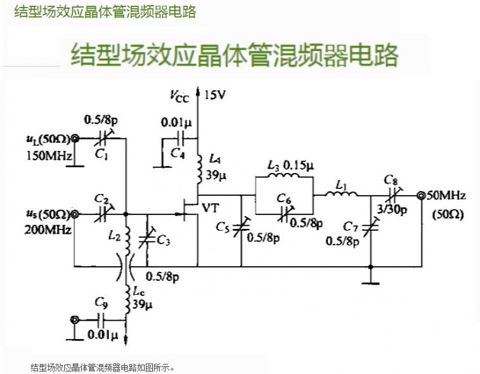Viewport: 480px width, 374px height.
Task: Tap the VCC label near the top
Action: tap(179, 96)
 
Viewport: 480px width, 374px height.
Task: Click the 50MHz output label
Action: tap(446, 195)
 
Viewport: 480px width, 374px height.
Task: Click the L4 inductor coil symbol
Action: tap(200, 168)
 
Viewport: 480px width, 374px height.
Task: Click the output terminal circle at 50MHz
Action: tap(420, 195)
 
